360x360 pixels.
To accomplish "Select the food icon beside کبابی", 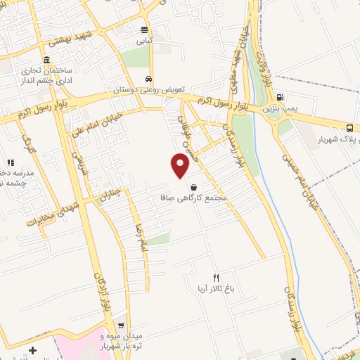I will click(x=144, y=30).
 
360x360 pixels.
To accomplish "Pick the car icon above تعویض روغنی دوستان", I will click(x=148, y=79).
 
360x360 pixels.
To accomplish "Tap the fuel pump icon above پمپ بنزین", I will click(x=281, y=98).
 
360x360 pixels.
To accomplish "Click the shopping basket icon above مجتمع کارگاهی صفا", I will click(x=194, y=186).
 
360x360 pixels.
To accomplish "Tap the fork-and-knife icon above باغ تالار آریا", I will click(x=217, y=278).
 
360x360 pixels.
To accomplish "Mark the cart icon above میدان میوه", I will click(x=121, y=326).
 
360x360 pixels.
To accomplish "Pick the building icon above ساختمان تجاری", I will click(x=46, y=59).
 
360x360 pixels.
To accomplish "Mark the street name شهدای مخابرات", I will click(x=50, y=210).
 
